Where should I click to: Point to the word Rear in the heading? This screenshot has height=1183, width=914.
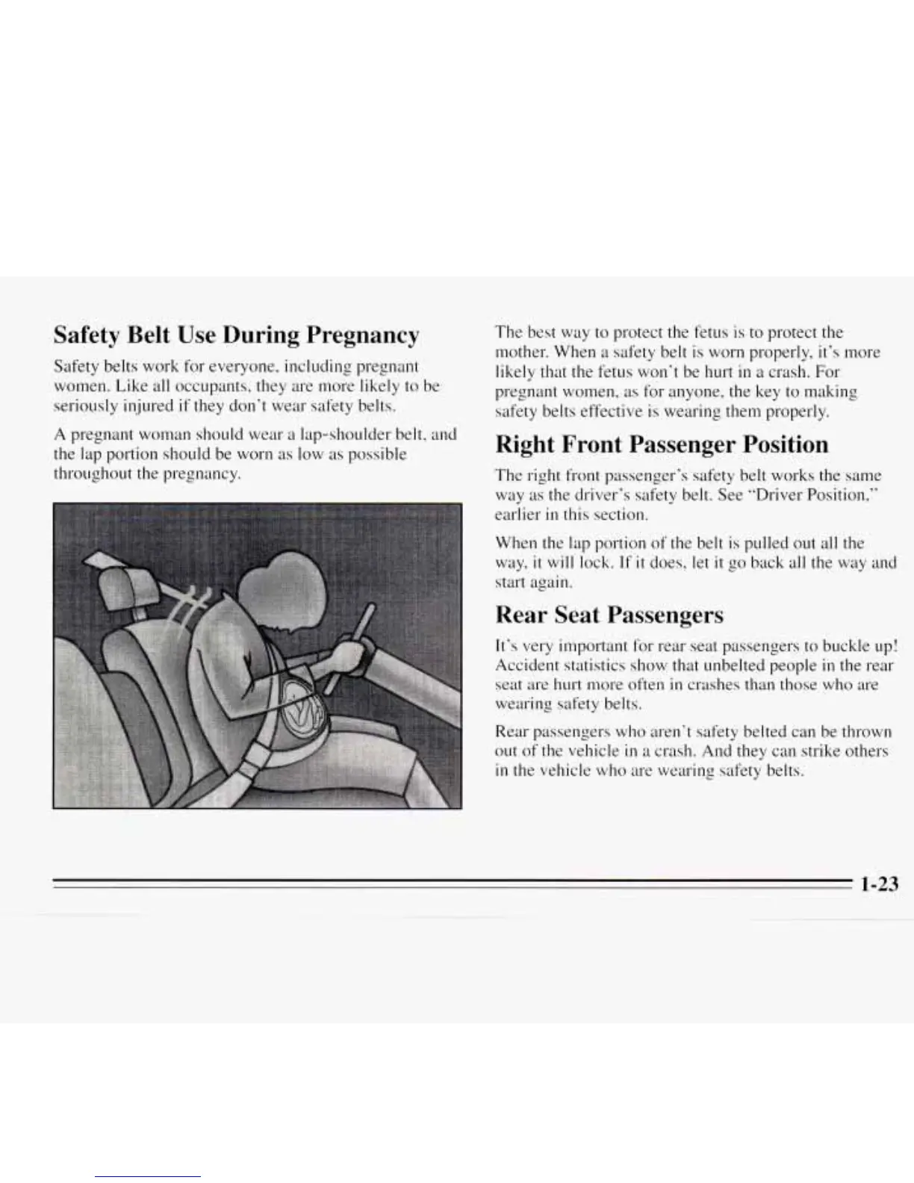point(520,615)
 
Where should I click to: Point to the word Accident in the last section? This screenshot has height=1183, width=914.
point(524,665)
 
